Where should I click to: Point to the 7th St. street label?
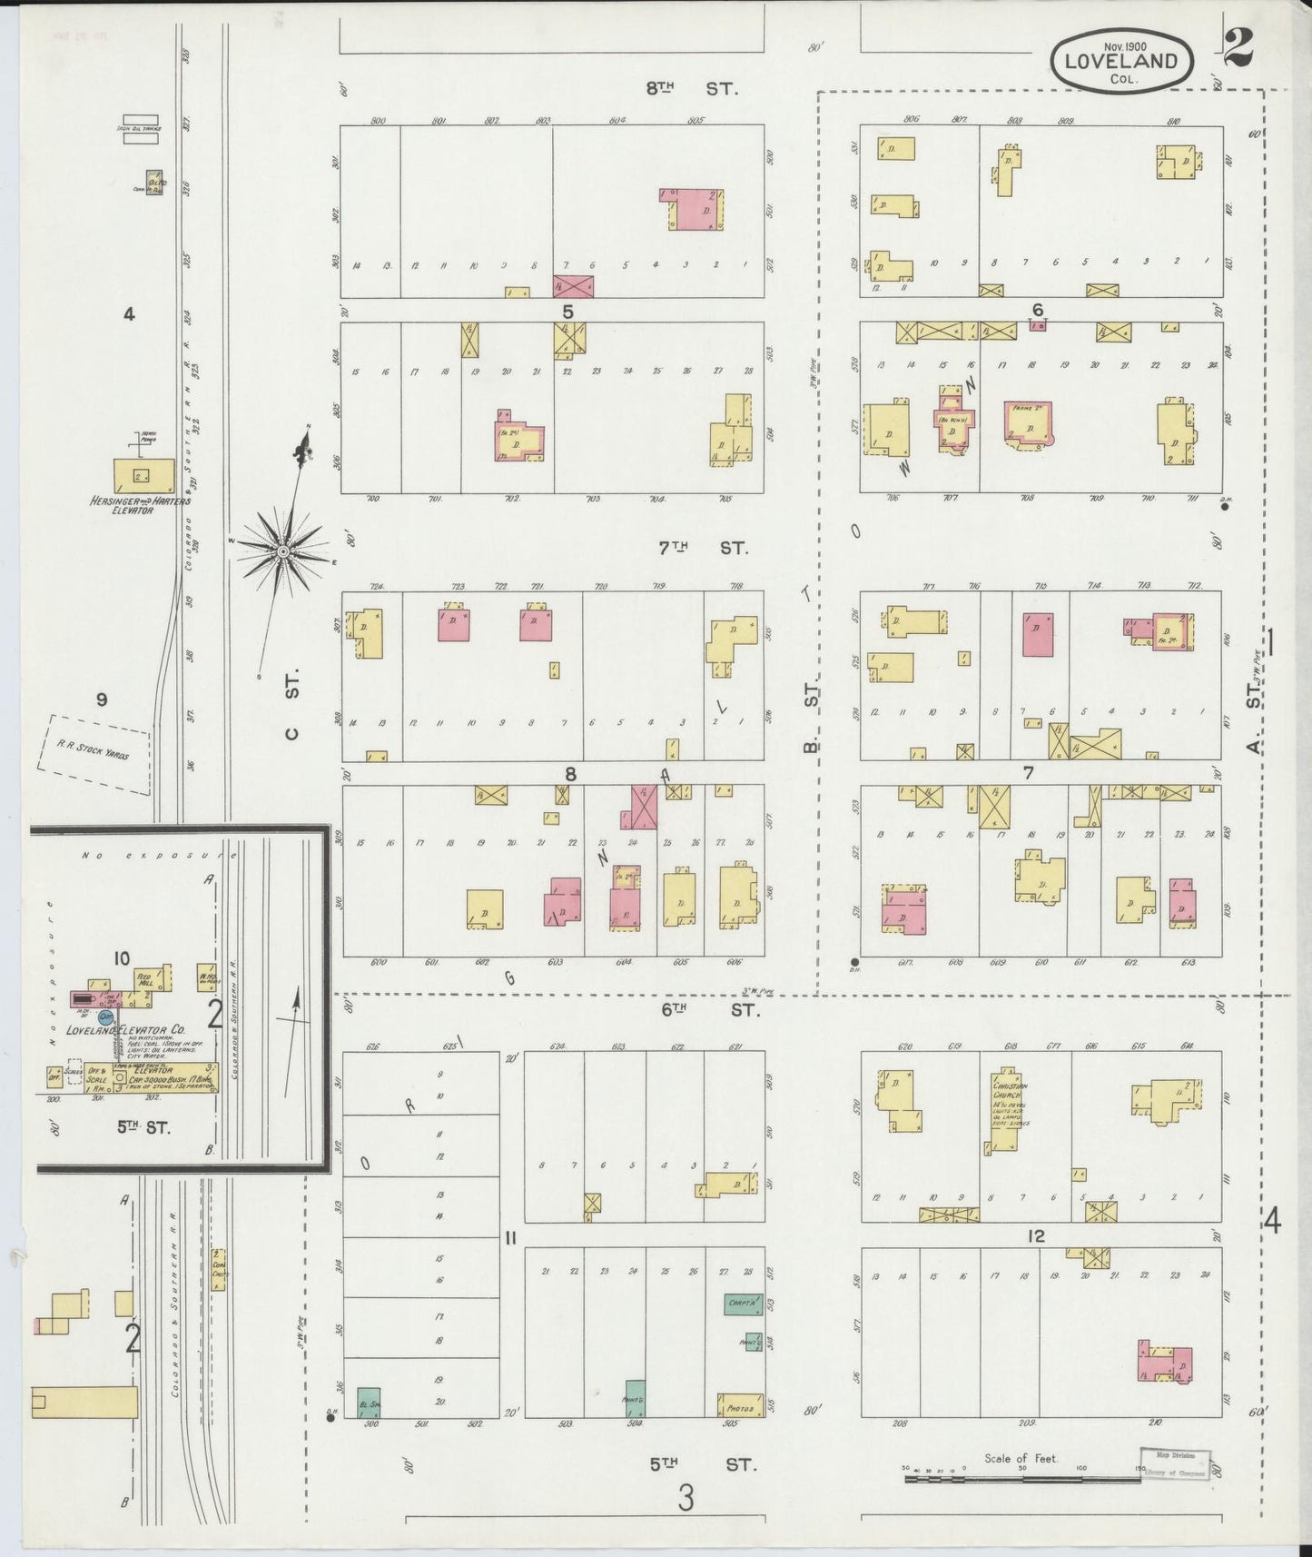(x=702, y=548)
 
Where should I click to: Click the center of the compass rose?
(x=283, y=550)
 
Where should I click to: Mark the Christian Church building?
(x=1005, y=1108)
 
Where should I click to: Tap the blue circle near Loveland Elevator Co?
(x=106, y=1017)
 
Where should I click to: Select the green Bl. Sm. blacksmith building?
(x=369, y=1402)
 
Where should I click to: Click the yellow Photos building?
(x=740, y=1405)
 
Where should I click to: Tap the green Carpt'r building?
(x=743, y=1304)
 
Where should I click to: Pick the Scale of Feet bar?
(x=1021, y=1480)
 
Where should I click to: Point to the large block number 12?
(x=1035, y=1236)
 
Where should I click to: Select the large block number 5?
(x=567, y=312)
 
